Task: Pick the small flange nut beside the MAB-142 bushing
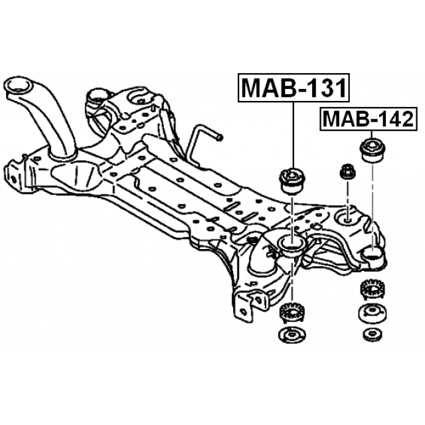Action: [x=347, y=171]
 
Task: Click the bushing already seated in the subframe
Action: [x=290, y=246]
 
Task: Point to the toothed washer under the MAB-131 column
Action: [x=290, y=310]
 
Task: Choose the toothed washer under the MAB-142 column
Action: [x=371, y=291]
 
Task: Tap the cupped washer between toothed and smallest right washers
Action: [x=371, y=313]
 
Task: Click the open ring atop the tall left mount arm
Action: [x=19, y=87]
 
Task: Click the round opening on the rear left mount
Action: [x=100, y=95]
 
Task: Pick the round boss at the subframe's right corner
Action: [x=374, y=253]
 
